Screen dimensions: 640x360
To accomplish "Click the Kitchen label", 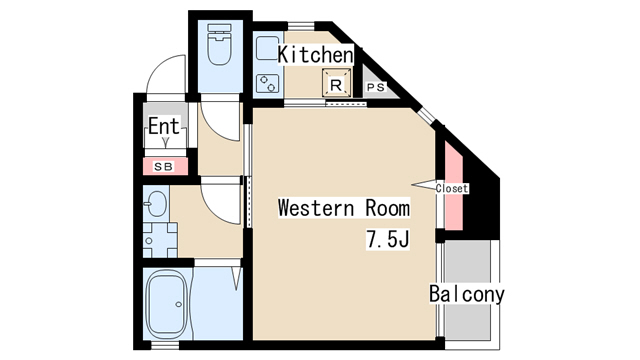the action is pos(315,55).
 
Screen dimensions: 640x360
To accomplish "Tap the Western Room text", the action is pos(344,208).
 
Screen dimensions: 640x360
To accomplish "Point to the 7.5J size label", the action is pos(387,239).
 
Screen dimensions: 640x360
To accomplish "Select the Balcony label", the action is pos(467,294).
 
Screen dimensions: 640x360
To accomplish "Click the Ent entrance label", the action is pos(164,126).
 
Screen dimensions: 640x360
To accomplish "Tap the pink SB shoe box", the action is pos(165,167).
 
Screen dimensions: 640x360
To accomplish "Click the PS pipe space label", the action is pos(376,87).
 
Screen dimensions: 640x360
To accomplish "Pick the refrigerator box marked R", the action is pos(336,83).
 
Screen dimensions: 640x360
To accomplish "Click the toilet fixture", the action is pos(219,44).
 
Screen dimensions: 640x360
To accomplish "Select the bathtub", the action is pos(167,303).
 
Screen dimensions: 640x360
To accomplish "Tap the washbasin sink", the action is pos(157,203).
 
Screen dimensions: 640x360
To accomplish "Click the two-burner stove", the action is pos(268,84).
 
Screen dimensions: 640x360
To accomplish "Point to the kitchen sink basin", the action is pos(268,49).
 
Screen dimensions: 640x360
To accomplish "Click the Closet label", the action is pos(451,189).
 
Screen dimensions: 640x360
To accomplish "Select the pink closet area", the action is pos(453,186).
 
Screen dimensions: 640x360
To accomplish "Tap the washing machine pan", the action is pos(160,240).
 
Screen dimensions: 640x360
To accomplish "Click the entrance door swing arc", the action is pos(162,65).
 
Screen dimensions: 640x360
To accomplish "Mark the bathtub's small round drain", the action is pos(178,304).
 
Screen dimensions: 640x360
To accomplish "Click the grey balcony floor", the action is pos(468,290).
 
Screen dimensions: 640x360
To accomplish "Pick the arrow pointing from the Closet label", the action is pos(423,185).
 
